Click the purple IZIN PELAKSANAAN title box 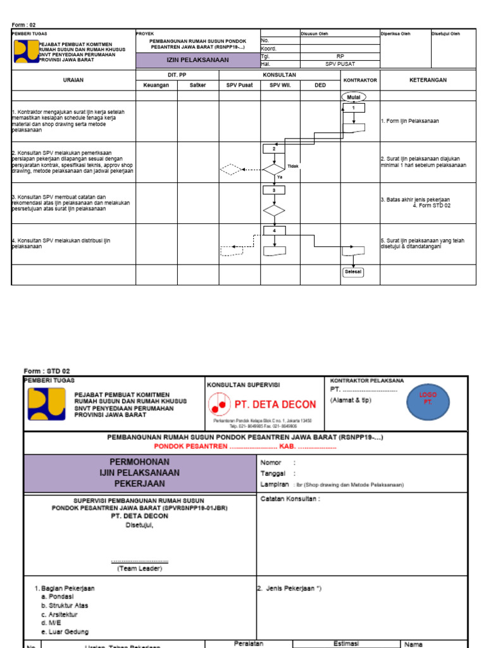(x=197, y=60)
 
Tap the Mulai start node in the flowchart (x=353, y=97)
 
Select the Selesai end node (x=353, y=272)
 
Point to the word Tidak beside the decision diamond (x=293, y=166)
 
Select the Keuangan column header (x=156, y=85)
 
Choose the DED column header (x=320, y=85)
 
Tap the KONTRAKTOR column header (x=359, y=80)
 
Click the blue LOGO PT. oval (x=430, y=399)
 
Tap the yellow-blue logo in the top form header (x=25, y=51)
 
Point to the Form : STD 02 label (x=47, y=371)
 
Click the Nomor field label (x=272, y=463)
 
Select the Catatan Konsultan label (x=290, y=499)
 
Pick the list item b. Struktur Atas (x=64, y=606)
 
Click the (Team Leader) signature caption (x=139, y=568)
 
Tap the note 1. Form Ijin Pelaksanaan (x=409, y=120)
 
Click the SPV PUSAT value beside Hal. (x=340, y=64)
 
